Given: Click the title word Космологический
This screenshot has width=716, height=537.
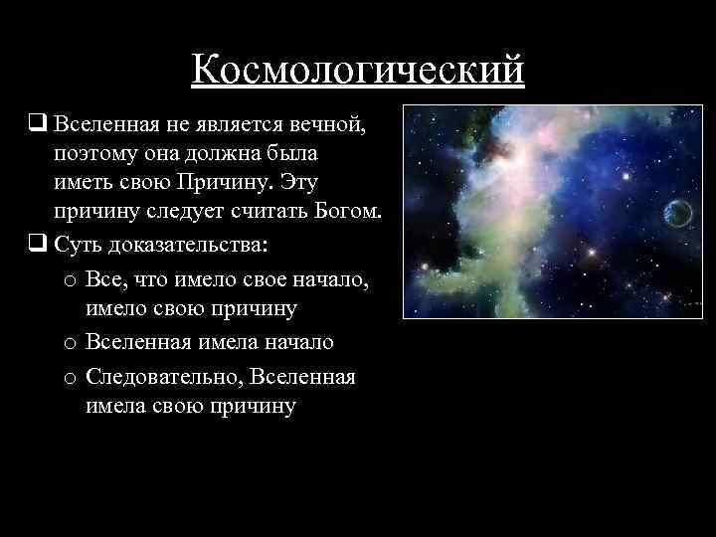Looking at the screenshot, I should point(358,69).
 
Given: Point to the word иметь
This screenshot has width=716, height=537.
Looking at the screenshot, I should point(82,183).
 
